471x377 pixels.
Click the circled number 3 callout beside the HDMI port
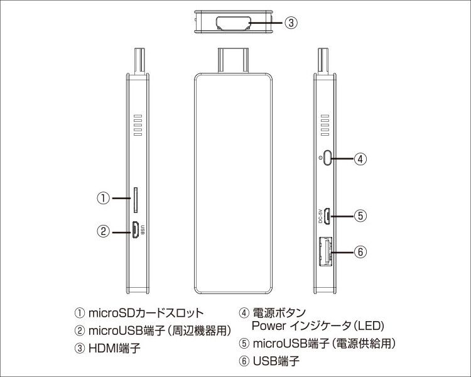pyautogui.click(x=291, y=23)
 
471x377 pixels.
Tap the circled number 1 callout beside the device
pyautogui.click(x=104, y=199)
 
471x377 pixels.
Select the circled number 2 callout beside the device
pyautogui.click(x=104, y=232)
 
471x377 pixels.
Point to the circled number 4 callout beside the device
pyautogui.click(x=360, y=158)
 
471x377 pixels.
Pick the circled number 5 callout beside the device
pyautogui.click(x=360, y=216)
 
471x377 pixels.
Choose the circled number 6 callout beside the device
pyautogui.click(x=360, y=251)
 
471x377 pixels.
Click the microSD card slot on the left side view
pyautogui.click(x=136, y=200)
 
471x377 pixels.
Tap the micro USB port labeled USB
pyautogui.click(x=136, y=230)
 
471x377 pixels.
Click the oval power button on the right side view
pyautogui.click(x=327, y=157)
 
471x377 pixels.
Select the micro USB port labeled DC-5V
pyautogui.click(x=327, y=216)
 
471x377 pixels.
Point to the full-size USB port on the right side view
pyautogui.click(x=326, y=251)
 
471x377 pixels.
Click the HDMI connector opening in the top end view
pyautogui.click(x=233, y=23)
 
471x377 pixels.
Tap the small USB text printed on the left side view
pyautogui.click(x=143, y=230)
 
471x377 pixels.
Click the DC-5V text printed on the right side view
pyautogui.click(x=320, y=216)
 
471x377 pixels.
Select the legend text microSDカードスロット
pyautogui.click(x=146, y=313)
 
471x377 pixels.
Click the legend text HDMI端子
pyautogui.click(x=114, y=349)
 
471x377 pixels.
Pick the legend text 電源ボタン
pyautogui.click(x=279, y=313)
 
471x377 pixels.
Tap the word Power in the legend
pyautogui.click(x=269, y=325)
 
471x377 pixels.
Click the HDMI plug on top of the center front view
pyautogui.click(x=233, y=60)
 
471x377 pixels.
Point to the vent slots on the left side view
pyautogui.click(x=138, y=125)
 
